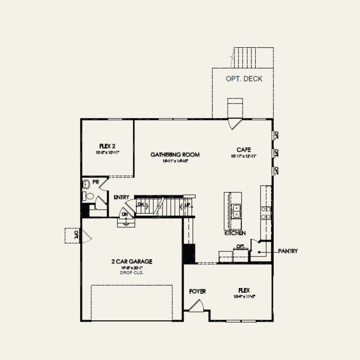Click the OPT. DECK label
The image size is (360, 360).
click(x=244, y=79)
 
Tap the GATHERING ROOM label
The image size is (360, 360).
click(x=175, y=154)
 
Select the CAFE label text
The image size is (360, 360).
click(x=244, y=150)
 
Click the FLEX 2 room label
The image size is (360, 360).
click(x=107, y=146)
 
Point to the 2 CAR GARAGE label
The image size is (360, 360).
click(x=132, y=261)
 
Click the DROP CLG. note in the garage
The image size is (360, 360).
click(x=132, y=273)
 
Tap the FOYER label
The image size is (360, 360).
click(x=197, y=291)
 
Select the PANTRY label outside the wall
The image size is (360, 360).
click(x=288, y=251)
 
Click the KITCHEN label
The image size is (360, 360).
click(x=235, y=233)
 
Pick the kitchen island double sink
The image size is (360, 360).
click(x=235, y=211)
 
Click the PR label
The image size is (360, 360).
click(x=96, y=182)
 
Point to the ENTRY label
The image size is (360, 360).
click(x=122, y=197)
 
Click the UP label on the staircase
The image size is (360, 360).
click(x=188, y=205)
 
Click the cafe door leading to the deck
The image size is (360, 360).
click(x=235, y=123)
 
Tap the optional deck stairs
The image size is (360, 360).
click(x=253, y=57)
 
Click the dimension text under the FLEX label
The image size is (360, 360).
click(x=244, y=297)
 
